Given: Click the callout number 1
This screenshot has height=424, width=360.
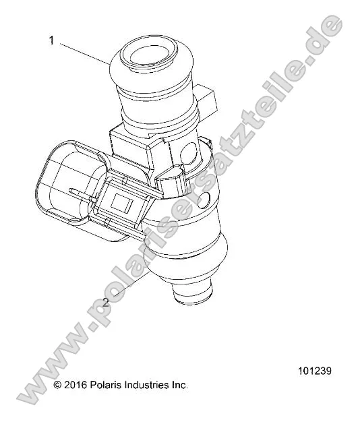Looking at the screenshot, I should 51,40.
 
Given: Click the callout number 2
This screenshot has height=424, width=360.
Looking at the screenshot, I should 105,303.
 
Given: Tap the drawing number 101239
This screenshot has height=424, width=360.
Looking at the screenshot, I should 314,371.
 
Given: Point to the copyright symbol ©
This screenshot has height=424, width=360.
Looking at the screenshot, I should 58,385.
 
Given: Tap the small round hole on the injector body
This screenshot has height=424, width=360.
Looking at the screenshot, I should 207,199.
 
